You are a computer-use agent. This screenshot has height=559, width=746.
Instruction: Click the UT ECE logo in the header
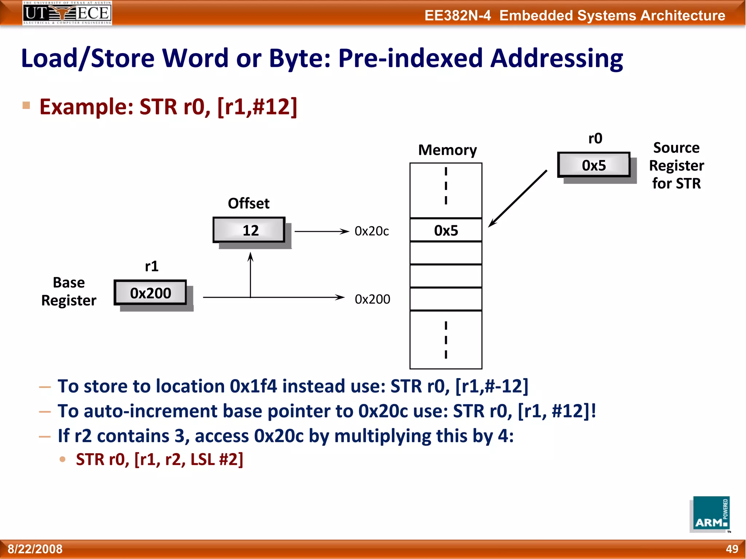pyautogui.click(x=67, y=13)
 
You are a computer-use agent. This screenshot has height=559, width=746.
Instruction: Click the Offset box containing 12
pyautogui.click(x=249, y=230)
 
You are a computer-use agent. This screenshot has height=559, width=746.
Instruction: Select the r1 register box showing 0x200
pyautogui.click(x=150, y=293)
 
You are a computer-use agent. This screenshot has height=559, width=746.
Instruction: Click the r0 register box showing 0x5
pyautogui.click(x=594, y=165)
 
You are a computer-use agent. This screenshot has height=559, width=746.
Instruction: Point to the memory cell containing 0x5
pyautogui.click(x=446, y=230)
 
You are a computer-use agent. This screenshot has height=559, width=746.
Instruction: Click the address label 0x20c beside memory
pyautogui.click(x=372, y=231)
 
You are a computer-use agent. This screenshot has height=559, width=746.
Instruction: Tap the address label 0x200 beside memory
pyautogui.click(x=372, y=299)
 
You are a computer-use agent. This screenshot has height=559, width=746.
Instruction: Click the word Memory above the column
pyautogui.click(x=447, y=150)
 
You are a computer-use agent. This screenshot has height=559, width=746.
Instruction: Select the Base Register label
pyautogui.click(x=69, y=292)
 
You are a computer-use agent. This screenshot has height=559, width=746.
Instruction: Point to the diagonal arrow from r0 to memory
pyautogui.click(x=518, y=198)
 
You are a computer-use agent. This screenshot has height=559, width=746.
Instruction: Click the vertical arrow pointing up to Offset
pyautogui.click(x=250, y=275)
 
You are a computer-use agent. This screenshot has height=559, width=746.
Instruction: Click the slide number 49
pyautogui.click(x=732, y=549)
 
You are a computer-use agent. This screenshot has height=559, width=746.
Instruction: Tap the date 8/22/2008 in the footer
pyautogui.click(x=35, y=549)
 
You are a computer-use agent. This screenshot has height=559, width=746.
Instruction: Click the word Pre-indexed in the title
pyautogui.click(x=410, y=58)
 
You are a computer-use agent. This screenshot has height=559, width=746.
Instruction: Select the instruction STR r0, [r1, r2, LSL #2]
pyautogui.click(x=160, y=459)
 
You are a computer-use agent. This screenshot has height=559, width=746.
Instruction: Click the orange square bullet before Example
pyautogui.click(x=26, y=106)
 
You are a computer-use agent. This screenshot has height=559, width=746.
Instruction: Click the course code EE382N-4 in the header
pyautogui.click(x=458, y=16)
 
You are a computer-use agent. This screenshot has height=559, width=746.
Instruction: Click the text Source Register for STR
pyautogui.click(x=676, y=166)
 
